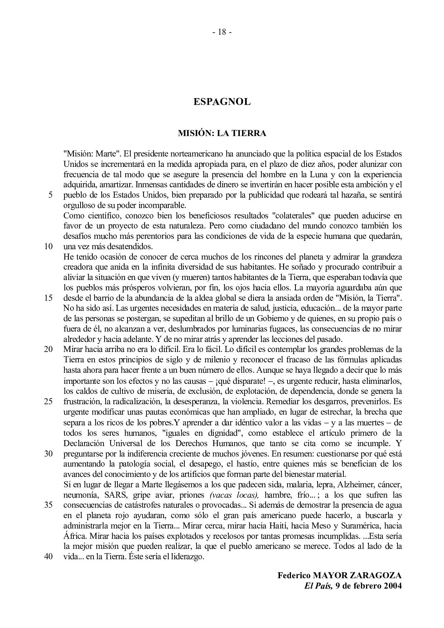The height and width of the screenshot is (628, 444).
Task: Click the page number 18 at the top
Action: point(222,32)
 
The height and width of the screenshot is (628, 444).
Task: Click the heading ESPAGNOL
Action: point(222,102)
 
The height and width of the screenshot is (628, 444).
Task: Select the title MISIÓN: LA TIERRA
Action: point(222,133)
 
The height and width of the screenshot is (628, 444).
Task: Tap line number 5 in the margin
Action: point(50,195)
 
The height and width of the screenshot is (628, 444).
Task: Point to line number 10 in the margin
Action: point(49,247)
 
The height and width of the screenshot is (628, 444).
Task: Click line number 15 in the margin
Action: point(49,298)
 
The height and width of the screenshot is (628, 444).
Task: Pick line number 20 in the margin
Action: point(49,349)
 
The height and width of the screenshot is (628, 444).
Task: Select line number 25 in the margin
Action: point(49,401)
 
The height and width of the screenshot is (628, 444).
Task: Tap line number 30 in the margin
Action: point(49,454)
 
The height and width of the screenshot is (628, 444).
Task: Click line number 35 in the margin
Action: point(49,505)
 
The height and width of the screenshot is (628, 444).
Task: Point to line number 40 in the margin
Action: point(49,557)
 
